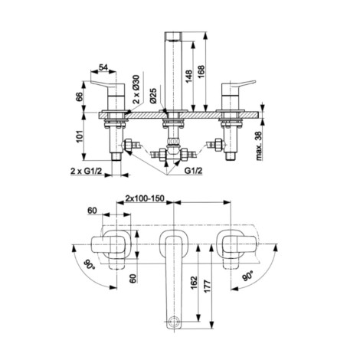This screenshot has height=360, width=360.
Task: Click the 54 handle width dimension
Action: click(x=103, y=67)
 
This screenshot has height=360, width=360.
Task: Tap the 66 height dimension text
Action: click(x=80, y=97)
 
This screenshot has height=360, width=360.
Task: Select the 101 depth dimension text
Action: click(x=80, y=136)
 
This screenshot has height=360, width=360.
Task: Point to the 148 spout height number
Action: click(x=189, y=76)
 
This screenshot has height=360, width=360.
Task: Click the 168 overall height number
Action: click(x=201, y=72)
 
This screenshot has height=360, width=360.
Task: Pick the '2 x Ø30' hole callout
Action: click(x=136, y=89)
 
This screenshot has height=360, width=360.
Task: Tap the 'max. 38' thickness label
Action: click(x=259, y=146)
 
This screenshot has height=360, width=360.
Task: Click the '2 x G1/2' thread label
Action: click(x=86, y=171)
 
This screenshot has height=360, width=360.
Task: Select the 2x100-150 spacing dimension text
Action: click(x=145, y=198)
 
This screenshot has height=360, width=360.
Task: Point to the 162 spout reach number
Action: click(x=195, y=283)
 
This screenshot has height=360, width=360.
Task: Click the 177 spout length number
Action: click(x=208, y=286)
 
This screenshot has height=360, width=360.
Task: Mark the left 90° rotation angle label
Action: click(x=90, y=265)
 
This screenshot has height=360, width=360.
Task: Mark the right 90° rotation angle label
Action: click(x=247, y=276)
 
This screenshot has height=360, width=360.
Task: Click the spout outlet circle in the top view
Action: click(x=173, y=321)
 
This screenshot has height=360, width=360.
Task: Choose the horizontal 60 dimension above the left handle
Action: click(x=92, y=211)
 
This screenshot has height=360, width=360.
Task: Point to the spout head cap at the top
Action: click(x=173, y=36)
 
